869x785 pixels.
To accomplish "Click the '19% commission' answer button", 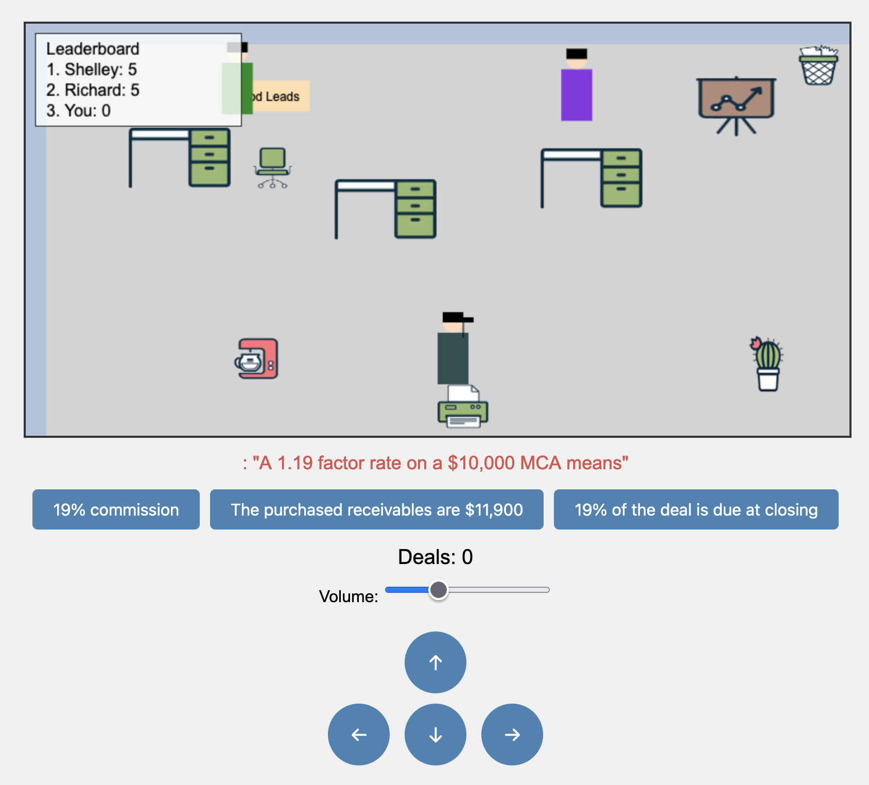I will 116,509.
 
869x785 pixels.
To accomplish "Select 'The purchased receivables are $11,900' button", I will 376,509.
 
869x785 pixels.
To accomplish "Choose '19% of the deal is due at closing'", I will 696,509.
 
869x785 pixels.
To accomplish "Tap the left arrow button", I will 359,735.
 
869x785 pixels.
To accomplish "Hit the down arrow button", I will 436,735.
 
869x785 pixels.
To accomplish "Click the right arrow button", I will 512,735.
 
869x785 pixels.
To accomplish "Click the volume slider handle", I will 439,590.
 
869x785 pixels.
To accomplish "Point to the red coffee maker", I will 257,359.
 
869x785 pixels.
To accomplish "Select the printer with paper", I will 463,407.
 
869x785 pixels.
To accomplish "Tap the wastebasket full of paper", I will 818,65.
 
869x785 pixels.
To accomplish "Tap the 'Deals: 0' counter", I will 435,557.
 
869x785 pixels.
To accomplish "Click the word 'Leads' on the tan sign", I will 283,96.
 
